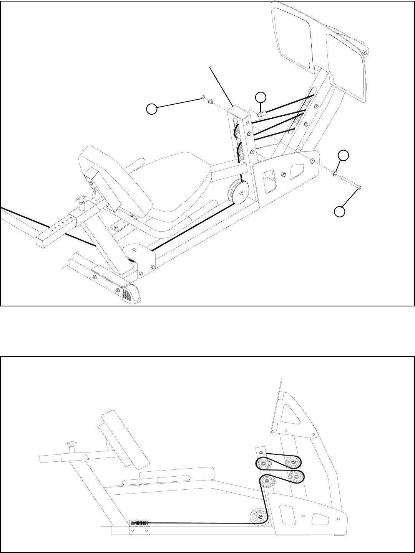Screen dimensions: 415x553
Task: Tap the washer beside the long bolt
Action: [x=335, y=174]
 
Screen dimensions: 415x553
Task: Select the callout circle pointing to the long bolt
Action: [x=339, y=211]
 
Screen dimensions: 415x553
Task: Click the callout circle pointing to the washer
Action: [x=344, y=156]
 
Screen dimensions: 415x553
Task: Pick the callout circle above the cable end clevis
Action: [x=261, y=97]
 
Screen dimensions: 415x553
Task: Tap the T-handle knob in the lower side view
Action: [x=72, y=446]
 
